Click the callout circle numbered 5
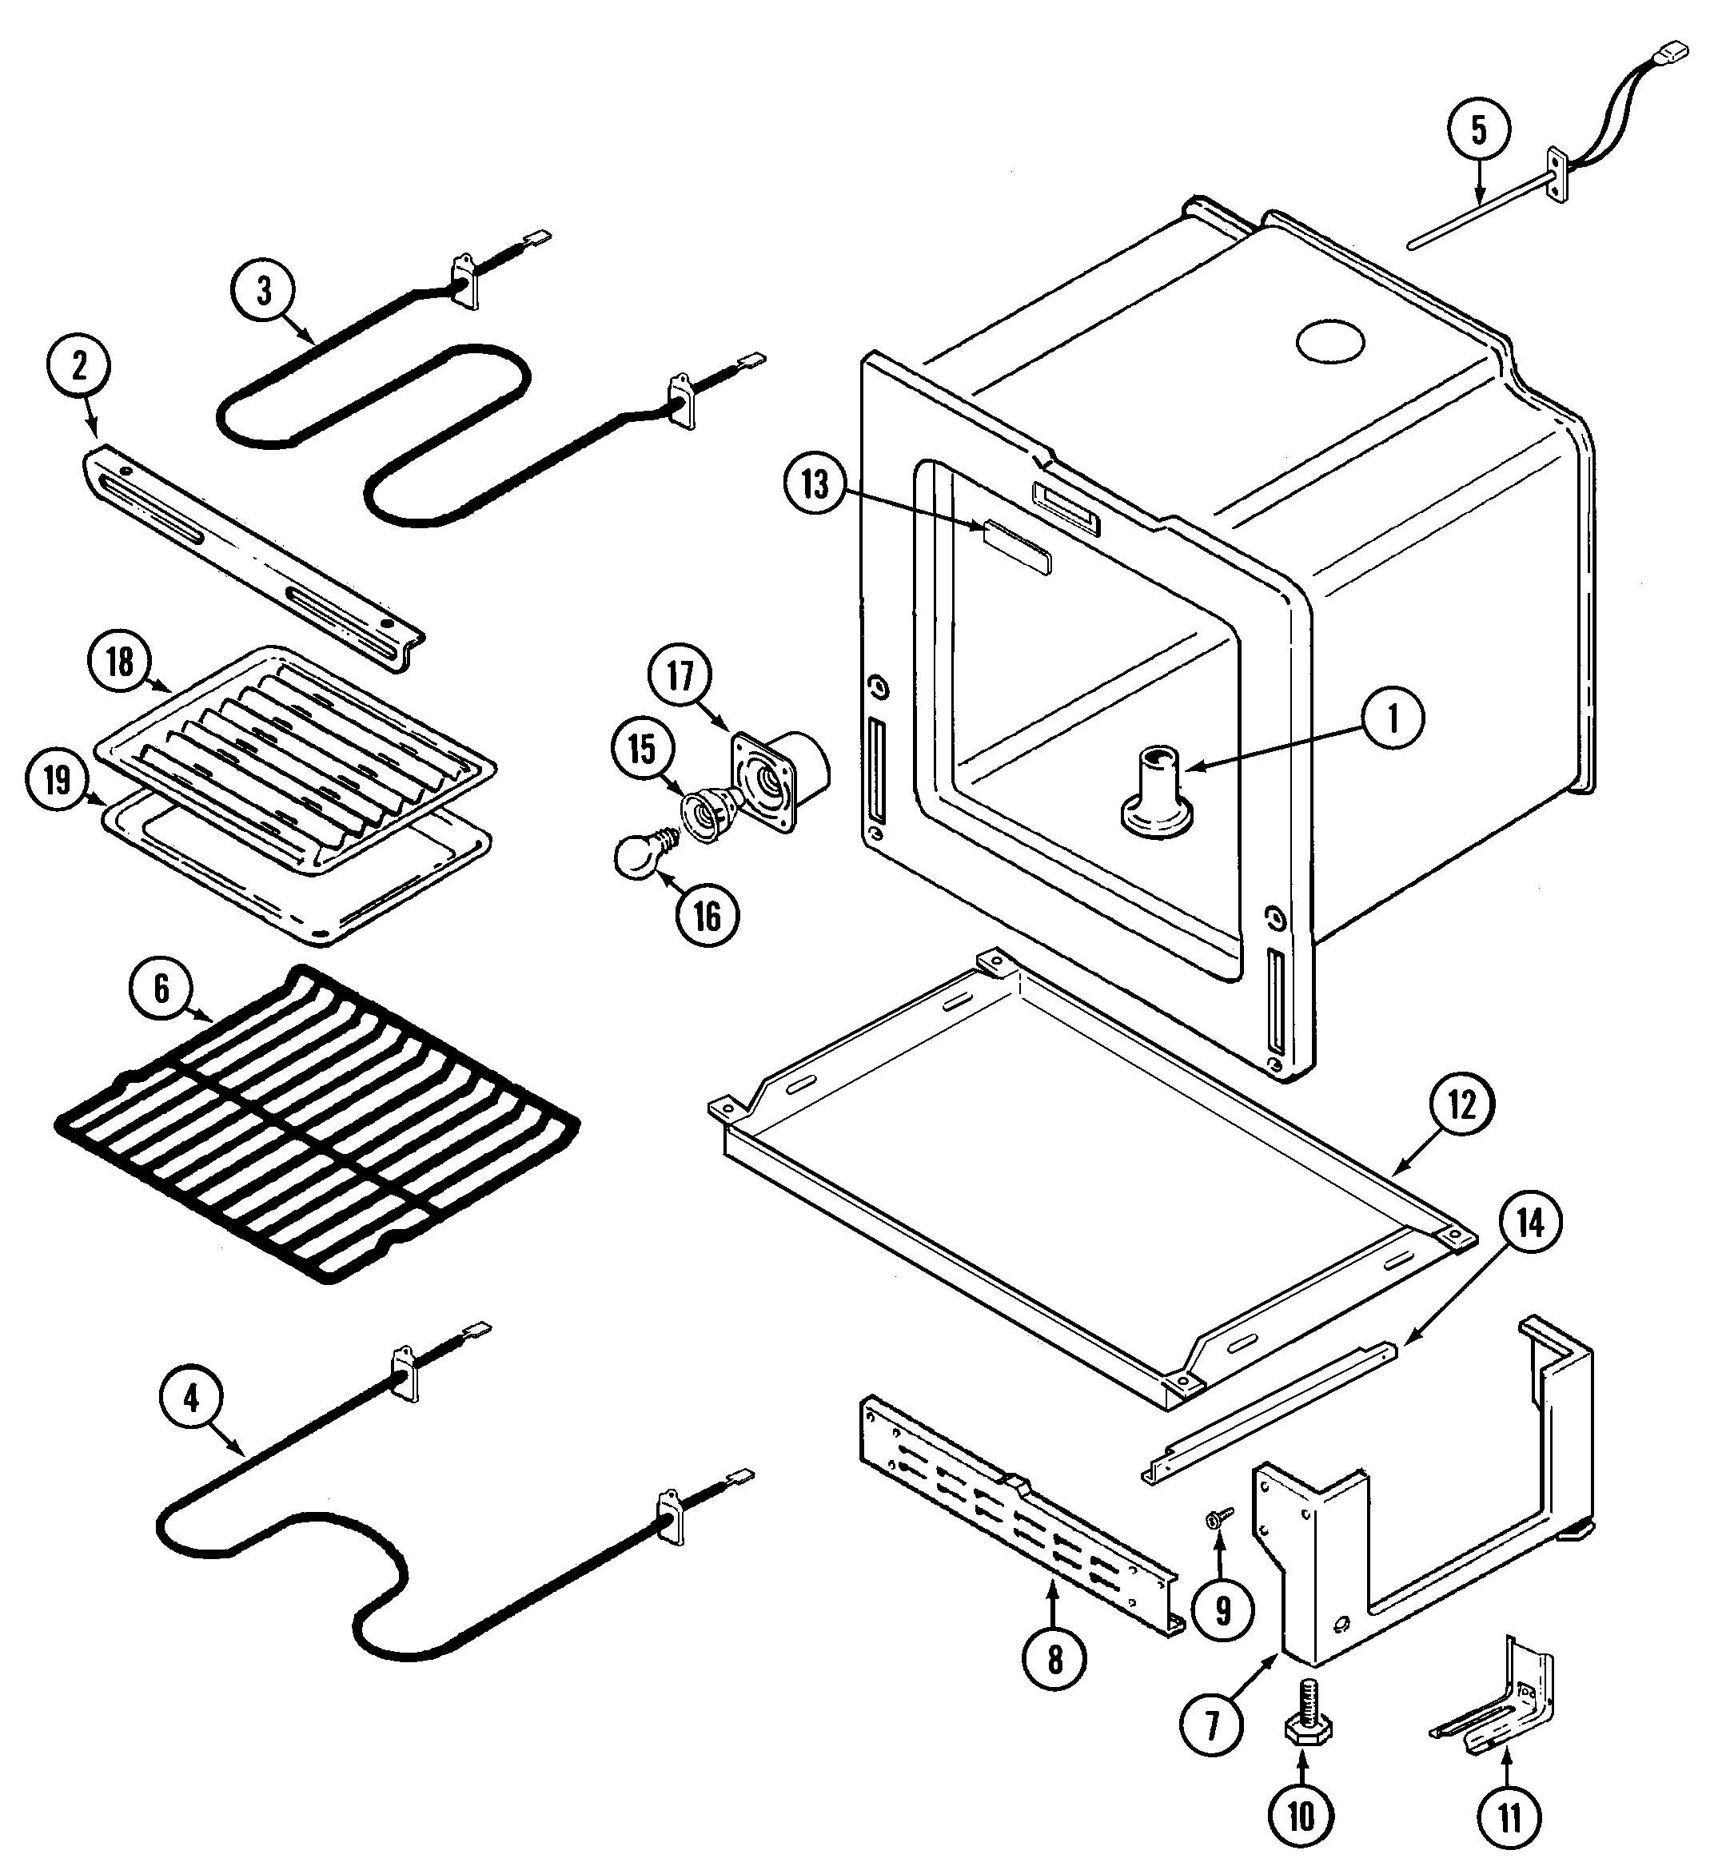tap(1479, 131)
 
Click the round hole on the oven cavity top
tap(1329, 344)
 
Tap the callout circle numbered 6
tap(161, 989)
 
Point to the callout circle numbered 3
tap(264, 290)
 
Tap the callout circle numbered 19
tap(58, 779)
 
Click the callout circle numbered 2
tap(79, 366)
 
